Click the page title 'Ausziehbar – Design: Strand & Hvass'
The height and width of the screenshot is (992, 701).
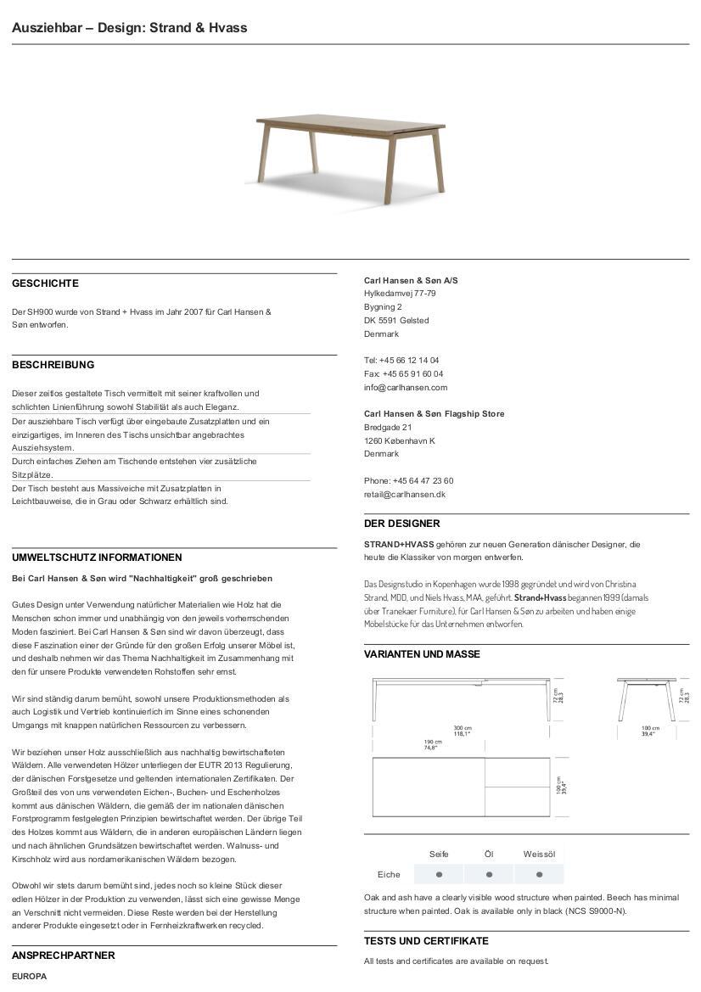130,28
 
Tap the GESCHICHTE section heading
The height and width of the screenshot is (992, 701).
45,283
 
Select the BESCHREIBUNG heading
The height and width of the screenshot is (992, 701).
53,365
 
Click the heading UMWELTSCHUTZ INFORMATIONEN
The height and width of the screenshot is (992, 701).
97,558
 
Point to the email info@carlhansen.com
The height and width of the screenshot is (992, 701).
405,387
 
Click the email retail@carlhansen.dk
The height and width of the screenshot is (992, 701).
404,494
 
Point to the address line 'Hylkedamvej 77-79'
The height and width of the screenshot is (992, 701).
400,294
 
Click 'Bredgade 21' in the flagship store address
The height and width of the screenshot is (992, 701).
388,427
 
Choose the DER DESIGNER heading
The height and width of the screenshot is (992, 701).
401,524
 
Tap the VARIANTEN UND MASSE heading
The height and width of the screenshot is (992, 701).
422,654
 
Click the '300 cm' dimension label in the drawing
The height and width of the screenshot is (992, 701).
462,728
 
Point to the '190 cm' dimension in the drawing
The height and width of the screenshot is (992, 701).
433,741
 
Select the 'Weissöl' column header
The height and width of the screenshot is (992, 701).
539,854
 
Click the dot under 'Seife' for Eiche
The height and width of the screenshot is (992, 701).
439,874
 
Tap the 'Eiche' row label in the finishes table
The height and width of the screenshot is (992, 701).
389,874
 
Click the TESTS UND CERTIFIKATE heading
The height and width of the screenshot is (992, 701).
426,941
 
